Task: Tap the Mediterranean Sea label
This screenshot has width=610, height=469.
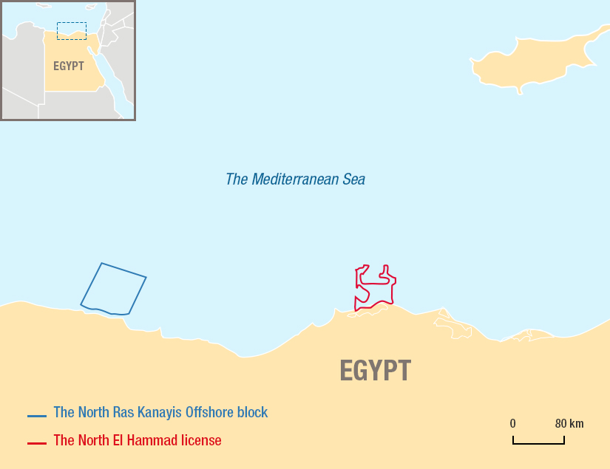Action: pyautogui.click(x=295, y=179)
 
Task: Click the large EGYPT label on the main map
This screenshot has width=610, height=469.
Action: pyautogui.click(x=375, y=370)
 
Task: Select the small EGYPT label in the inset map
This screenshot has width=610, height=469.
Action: pyautogui.click(x=69, y=66)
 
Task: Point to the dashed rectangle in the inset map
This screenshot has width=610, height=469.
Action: pyautogui.click(x=72, y=30)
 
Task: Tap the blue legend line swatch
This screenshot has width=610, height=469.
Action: pyautogui.click(x=37, y=416)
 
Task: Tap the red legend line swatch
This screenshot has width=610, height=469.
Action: pyautogui.click(x=37, y=443)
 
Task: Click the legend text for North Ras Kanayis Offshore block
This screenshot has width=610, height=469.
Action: pyautogui.click(x=160, y=412)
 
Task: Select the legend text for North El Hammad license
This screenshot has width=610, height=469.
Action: pyautogui.click(x=138, y=440)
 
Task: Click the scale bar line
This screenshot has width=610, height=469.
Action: pyautogui.click(x=538, y=443)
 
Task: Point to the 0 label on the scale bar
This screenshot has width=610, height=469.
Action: pyautogui.click(x=512, y=424)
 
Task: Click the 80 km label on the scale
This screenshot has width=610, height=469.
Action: pyautogui.click(x=569, y=424)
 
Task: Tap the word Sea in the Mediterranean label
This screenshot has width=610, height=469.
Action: pyautogui.click(x=352, y=179)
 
